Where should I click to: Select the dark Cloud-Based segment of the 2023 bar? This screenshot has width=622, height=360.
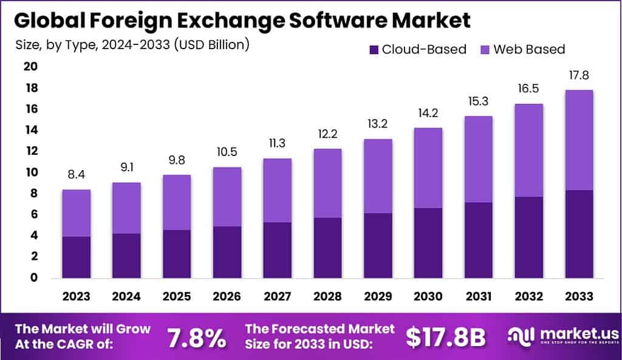[x=76, y=257]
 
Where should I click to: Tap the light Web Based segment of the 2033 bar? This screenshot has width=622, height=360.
[x=578, y=140]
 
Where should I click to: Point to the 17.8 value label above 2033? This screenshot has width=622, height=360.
[x=578, y=76]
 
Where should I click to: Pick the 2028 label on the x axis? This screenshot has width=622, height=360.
[x=327, y=296]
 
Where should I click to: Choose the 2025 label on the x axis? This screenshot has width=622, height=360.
[x=177, y=296]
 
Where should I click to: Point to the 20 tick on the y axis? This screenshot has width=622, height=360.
[x=30, y=66]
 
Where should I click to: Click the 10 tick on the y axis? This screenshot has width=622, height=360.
[x=30, y=172]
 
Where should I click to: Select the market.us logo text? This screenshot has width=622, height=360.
[x=580, y=334]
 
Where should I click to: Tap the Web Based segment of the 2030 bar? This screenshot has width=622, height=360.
[x=428, y=168]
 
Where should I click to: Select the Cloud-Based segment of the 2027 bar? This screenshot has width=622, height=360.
[x=277, y=250]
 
